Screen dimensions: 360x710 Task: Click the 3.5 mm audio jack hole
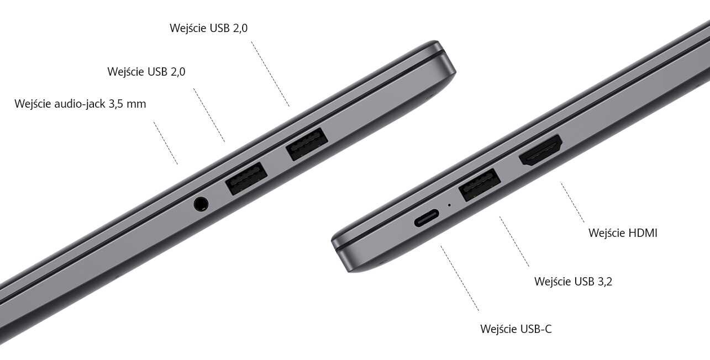tap(202, 204)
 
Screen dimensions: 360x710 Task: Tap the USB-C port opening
tap(427, 219)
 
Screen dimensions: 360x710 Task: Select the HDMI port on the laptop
tap(540, 150)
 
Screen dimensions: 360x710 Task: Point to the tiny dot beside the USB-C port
tap(449, 204)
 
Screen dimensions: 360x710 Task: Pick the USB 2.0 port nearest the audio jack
tap(246, 178)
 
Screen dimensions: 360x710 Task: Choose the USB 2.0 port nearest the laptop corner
tap(306, 144)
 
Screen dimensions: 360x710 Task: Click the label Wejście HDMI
tap(623, 233)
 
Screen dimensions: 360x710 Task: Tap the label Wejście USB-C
tap(516, 330)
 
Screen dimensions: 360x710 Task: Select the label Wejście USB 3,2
tap(573, 282)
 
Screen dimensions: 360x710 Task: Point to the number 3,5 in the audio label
tap(114, 104)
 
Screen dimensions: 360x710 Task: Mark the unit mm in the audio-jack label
tap(136, 104)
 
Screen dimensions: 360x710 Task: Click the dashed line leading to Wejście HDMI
tap(572, 202)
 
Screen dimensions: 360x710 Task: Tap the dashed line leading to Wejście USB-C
tap(460, 278)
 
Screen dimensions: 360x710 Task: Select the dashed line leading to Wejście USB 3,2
tap(514, 242)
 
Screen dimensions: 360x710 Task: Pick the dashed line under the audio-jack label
tap(166, 143)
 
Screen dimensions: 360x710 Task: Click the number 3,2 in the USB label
tap(604, 282)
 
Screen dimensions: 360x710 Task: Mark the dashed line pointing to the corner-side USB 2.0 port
tap(270, 73)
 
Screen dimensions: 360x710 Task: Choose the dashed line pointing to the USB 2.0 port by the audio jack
tap(209, 115)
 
